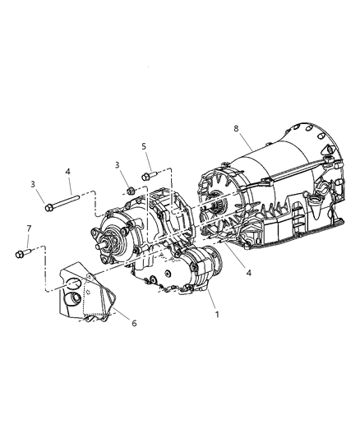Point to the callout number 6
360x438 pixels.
point(135,323)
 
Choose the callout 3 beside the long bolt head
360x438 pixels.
point(32,183)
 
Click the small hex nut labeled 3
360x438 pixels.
point(130,191)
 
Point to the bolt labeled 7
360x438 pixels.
point(22,253)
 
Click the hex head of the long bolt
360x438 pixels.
point(49,208)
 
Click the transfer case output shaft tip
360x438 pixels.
point(100,243)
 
